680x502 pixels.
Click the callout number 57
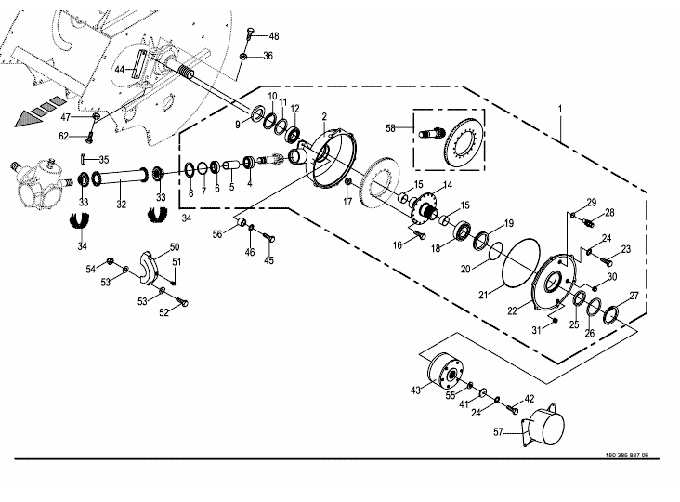click(498, 432)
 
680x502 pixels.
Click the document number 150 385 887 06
click(627, 456)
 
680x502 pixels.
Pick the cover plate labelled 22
click(555, 283)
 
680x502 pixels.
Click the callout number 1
click(560, 109)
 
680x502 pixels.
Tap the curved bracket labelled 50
click(149, 267)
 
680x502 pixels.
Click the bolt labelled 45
click(269, 238)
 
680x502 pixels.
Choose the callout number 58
click(390, 128)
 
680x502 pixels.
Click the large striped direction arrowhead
click(29, 118)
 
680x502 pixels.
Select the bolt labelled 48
click(250, 33)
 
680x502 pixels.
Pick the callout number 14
click(447, 185)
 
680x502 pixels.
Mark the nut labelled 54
click(110, 261)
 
